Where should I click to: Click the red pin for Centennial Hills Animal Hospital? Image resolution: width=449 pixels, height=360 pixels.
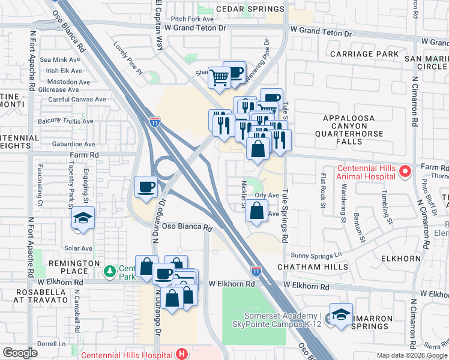(405, 173)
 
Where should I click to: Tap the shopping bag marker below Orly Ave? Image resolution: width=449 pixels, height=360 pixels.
(256, 211)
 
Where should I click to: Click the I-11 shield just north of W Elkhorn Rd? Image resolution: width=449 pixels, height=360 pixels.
(256, 271)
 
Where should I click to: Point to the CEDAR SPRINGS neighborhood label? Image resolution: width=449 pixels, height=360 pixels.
(250, 10)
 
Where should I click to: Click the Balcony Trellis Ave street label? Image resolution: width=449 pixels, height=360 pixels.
(66, 121)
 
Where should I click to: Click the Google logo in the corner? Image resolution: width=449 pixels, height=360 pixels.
(20, 353)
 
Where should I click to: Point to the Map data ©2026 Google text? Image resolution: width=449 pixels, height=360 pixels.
(411, 355)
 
